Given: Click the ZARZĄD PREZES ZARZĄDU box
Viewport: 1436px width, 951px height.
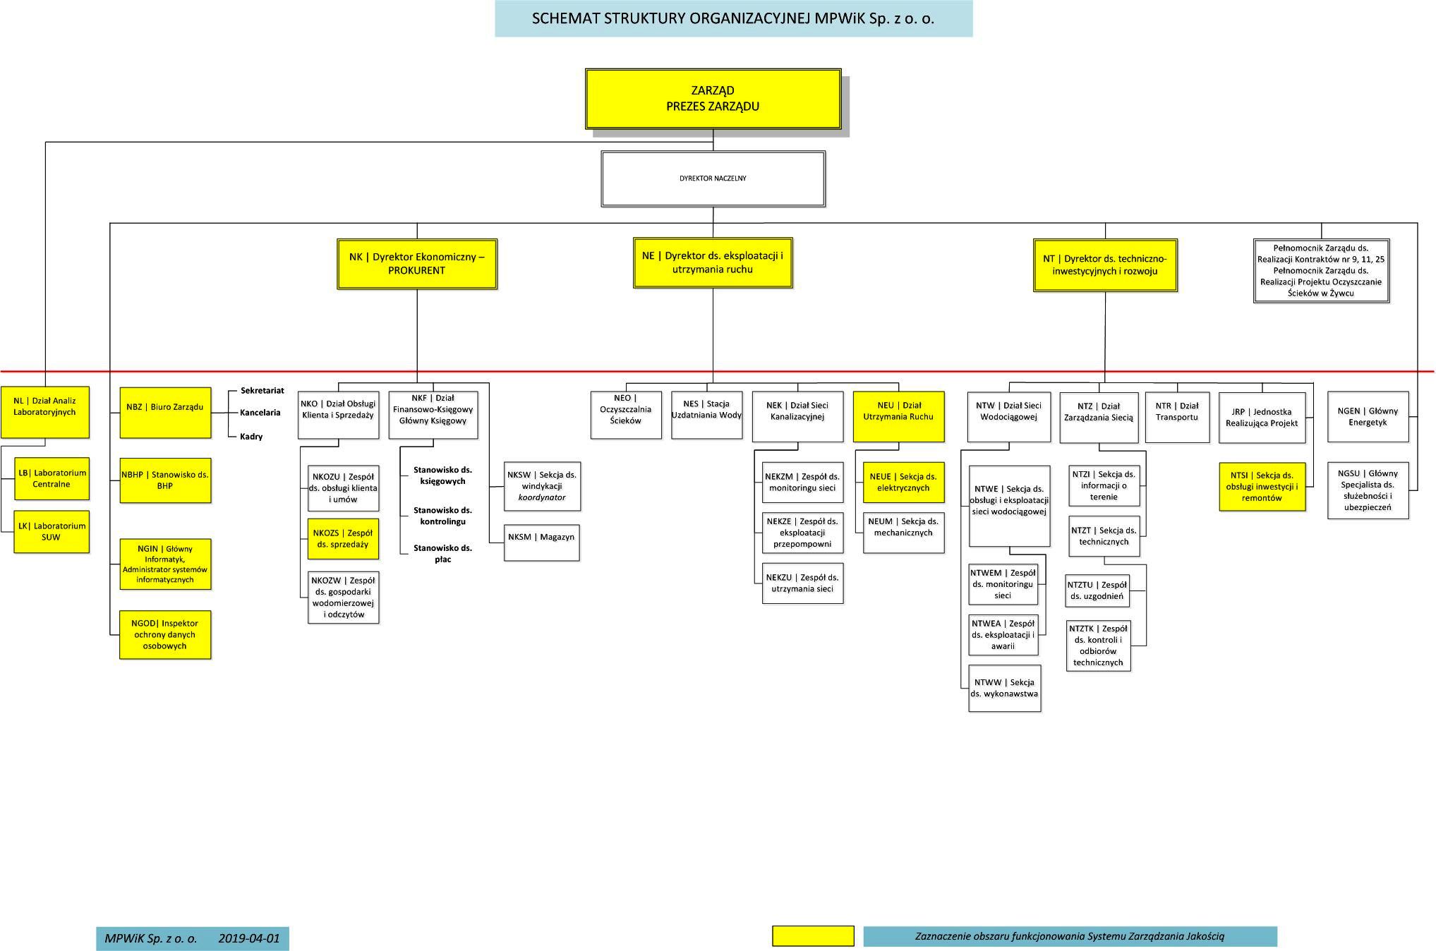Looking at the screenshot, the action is coord(713,99).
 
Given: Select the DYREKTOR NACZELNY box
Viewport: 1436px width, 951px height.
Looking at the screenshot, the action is coord(713,178).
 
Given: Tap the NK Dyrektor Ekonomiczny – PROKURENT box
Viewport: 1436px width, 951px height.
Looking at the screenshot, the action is coord(417,264).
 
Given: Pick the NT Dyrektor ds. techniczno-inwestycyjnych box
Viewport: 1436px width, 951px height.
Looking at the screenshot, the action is coord(1105,265).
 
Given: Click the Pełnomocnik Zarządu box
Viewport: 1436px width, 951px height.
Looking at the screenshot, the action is coord(1321,271).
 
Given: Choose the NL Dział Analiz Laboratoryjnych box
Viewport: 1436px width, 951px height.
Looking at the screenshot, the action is coord(45,412).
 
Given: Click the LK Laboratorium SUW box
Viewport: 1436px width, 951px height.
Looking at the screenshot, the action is coord(52,532).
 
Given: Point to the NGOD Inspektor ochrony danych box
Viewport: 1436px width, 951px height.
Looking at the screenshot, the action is coord(165,635).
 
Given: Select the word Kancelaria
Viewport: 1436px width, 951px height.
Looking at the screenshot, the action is coord(260,413).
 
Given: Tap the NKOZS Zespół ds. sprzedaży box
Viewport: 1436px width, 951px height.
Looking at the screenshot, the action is coord(343,539).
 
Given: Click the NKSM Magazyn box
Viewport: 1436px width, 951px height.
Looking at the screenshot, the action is coord(542,543).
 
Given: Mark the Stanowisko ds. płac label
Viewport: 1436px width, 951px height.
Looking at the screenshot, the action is coord(442,554).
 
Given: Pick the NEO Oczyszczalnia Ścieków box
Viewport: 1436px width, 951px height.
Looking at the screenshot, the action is coord(626,415).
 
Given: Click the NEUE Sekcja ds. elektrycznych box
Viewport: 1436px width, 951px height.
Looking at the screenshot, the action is coord(903,483).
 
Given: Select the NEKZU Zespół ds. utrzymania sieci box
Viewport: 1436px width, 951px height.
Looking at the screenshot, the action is coord(803,583).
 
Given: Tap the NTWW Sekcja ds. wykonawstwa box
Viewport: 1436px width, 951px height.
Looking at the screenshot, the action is coord(1005,689).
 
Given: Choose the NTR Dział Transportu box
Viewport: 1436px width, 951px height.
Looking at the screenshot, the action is coord(1177,418).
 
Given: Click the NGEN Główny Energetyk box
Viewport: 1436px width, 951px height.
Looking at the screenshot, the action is coord(1368,417).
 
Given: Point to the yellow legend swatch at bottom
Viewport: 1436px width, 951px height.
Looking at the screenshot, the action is coord(813,936).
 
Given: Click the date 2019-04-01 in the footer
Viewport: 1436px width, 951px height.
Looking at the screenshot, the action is coord(249,939).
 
